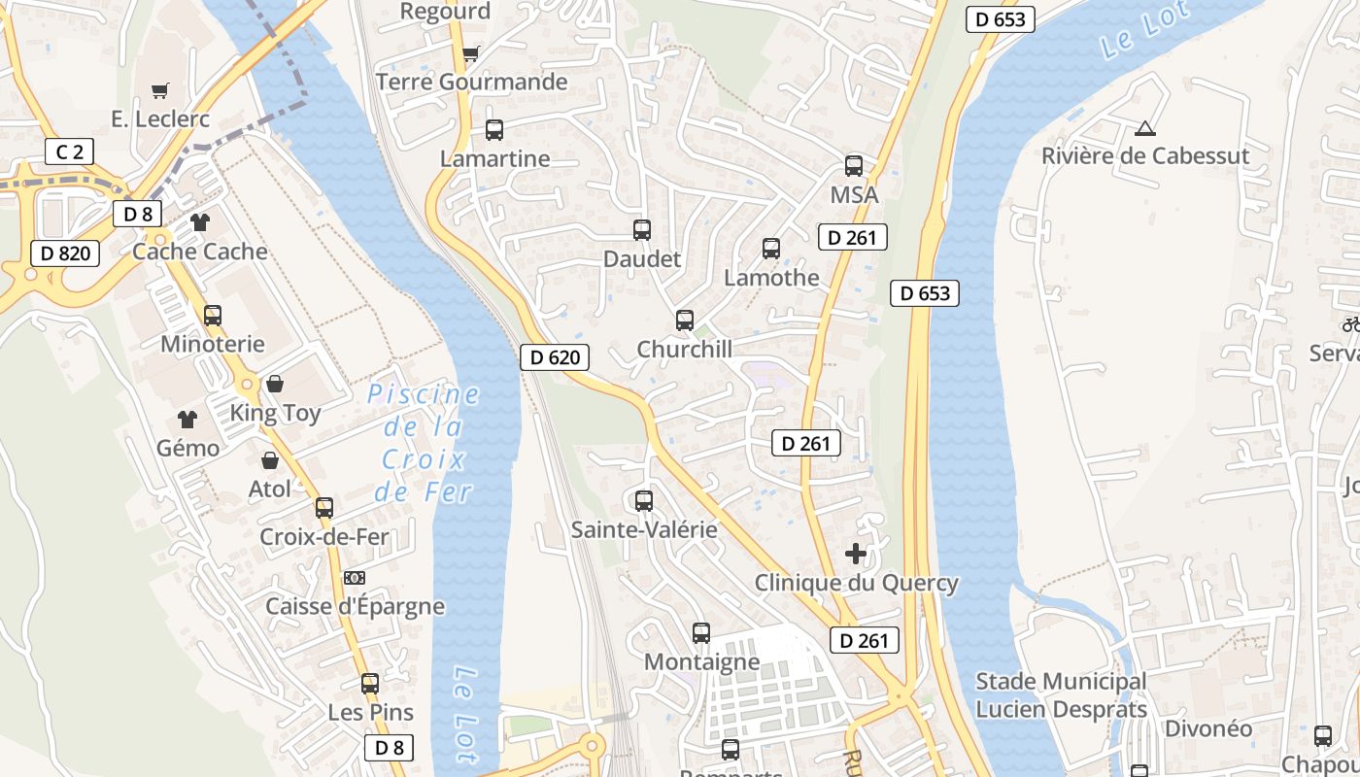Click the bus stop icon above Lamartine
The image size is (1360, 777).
click(493, 130)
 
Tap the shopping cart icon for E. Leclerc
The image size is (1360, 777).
click(160, 90)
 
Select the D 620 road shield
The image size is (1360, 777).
click(556, 357)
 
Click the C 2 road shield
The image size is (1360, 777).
click(70, 152)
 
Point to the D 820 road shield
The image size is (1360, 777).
click(65, 254)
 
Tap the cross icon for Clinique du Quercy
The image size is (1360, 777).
click(855, 554)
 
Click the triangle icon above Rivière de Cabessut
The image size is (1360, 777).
click(1145, 128)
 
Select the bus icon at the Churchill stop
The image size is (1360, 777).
click(684, 321)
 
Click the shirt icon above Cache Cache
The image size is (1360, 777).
click(200, 222)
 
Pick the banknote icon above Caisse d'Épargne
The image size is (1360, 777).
click(355, 578)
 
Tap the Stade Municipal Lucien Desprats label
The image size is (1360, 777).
click(1061, 695)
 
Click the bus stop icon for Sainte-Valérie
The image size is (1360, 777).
click(643, 501)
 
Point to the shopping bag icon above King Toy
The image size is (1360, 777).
click(275, 385)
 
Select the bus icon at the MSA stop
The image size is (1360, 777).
click(853, 166)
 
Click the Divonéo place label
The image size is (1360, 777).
click(1207, 728)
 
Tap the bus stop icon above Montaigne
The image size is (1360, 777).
click(700, 633)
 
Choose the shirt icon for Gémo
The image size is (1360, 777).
click(187, 420)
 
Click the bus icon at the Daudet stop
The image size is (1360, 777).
click(641, 230)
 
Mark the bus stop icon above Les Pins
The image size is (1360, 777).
click(369, 684)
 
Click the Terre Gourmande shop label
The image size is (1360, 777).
click(471, 82)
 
